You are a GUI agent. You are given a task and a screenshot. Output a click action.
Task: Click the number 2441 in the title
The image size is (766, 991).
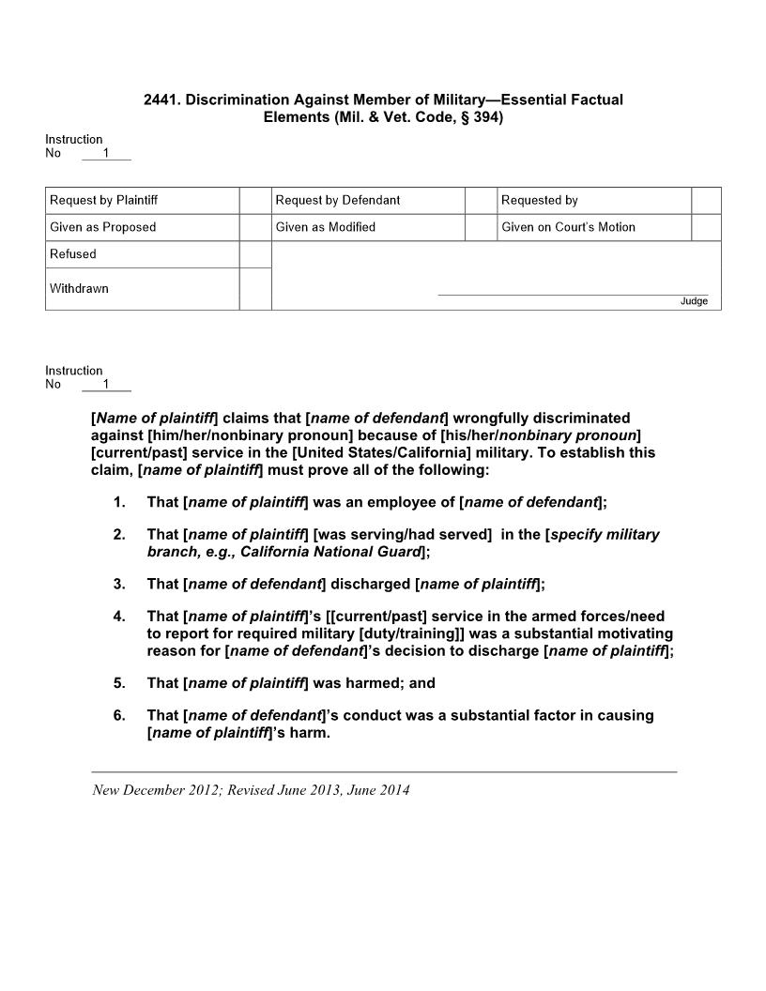click(161, 99)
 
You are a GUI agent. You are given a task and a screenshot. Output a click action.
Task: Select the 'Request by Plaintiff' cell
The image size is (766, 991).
click(103, 200)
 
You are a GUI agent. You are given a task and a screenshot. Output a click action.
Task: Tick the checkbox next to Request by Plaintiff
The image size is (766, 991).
click(255, 200)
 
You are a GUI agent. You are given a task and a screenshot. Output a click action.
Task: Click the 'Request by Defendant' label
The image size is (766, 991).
click(338, 200)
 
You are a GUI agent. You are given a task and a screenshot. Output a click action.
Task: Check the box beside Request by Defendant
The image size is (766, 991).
click(482, 200)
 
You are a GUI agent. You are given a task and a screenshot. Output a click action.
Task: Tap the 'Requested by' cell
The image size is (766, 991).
click(540, 200)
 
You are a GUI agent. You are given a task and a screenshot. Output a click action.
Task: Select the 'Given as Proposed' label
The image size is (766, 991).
click(103, 227)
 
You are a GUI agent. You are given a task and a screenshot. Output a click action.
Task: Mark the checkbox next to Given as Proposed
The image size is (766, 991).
click(255, 227)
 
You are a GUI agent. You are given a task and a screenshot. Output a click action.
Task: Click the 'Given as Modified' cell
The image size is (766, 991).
click(326, 227)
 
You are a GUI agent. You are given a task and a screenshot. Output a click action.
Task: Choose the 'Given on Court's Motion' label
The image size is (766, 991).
click(568, 227)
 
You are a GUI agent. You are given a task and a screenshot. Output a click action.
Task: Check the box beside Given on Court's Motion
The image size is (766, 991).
click(706, 227)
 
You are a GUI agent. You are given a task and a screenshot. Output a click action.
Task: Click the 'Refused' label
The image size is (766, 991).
click(73, 254)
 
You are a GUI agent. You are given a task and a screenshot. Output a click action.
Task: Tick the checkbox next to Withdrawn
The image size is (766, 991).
click(255, 289)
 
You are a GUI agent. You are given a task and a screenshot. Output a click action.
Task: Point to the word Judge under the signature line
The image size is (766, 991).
click(694, 301)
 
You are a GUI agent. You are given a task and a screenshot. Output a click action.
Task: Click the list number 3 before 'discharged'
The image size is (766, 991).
click(119, 584)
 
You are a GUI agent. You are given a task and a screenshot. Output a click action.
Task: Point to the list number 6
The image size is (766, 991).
click(119, 715)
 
